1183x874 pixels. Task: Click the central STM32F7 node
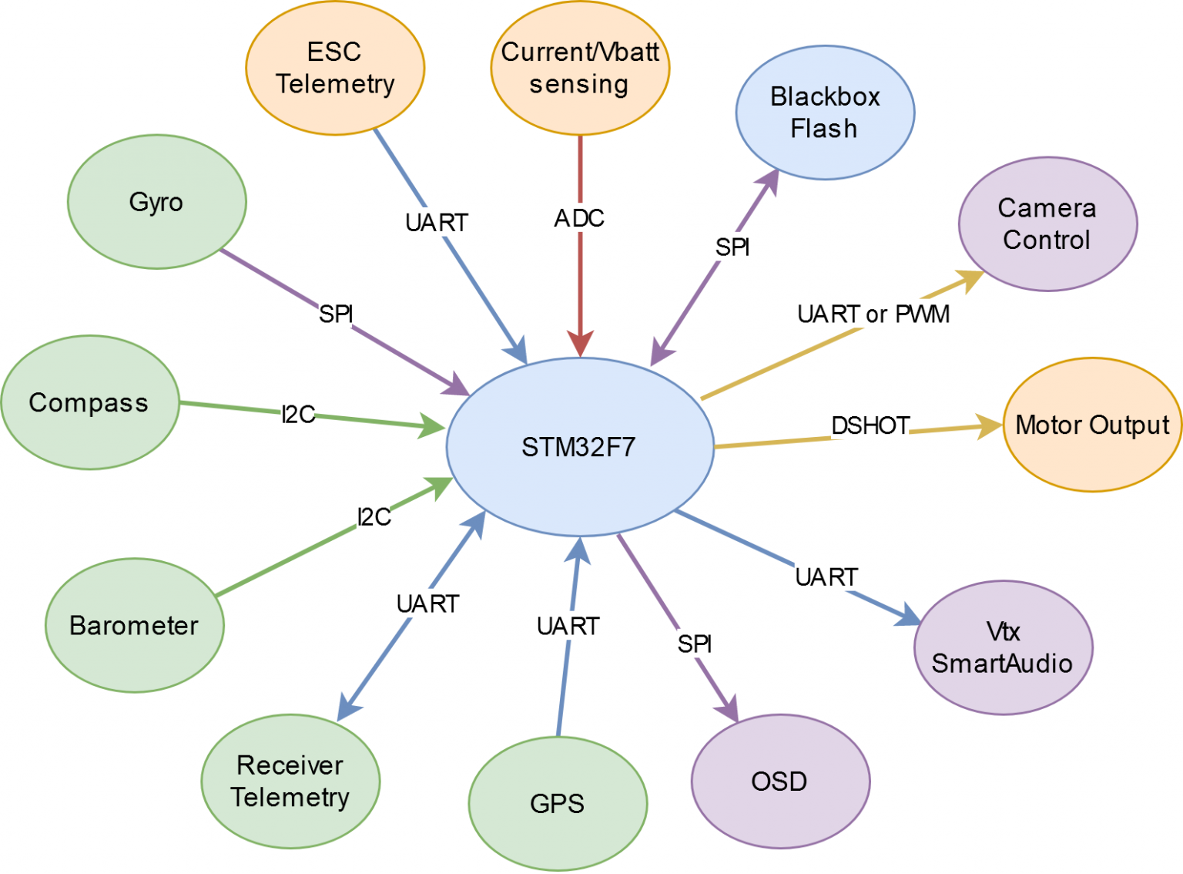[x=579, y=447]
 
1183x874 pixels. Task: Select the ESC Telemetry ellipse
[x=335, y=68]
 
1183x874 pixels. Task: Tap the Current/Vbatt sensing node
[x=580, y=68]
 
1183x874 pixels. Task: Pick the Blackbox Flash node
[x=825, y=113]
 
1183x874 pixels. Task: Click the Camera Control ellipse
[x=1047, y=224]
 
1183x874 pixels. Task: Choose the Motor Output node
[x=1092, y=425]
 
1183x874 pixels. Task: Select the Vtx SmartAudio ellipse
[x=1003, y=647]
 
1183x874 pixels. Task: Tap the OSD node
[x=780, y=782]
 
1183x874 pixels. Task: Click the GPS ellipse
[x=558, y=804]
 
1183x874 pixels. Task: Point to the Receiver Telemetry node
[x=290, y=782]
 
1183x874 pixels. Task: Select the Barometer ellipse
[x=134, y=625]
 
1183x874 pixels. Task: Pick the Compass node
[x=89, y=402]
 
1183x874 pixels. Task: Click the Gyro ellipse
[x=156, y=202]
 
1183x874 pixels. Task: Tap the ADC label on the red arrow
[x=579, y=219]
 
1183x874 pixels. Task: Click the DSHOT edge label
[x=870, y=425]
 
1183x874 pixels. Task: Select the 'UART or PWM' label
[x=873, y=314]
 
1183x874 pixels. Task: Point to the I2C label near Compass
[x=298, y=415]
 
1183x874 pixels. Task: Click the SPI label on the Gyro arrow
[x=336, y=314]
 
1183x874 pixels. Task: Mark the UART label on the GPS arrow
[x=568, y=627]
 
